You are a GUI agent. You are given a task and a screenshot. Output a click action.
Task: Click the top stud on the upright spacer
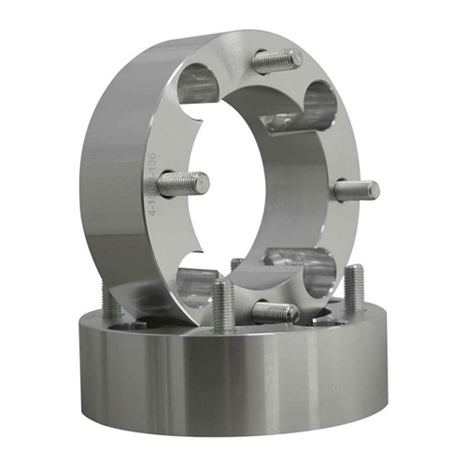276,61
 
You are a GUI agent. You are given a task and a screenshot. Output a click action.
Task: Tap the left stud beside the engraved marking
182,183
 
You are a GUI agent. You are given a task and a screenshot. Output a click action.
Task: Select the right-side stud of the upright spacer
357,190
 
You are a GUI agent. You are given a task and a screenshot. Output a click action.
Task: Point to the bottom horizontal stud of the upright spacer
275,312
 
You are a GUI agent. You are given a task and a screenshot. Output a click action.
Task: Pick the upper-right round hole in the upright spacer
317,105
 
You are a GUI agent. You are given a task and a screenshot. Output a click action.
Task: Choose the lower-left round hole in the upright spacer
197,283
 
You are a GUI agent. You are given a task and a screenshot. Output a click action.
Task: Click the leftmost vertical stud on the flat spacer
111,301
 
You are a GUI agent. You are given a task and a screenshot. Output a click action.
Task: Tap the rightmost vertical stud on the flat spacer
354,290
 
